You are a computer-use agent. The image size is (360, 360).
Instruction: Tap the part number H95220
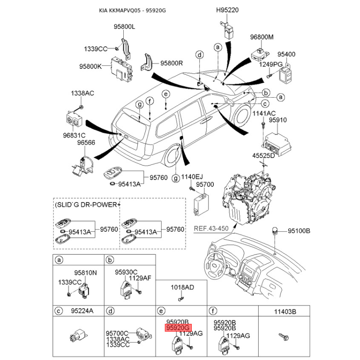tap(227, 9)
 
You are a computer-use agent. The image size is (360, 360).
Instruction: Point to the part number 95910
tap(278, 120)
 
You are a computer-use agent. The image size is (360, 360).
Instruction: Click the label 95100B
tap(299, 231)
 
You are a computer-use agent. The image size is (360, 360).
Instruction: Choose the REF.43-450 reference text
tap(211, 228)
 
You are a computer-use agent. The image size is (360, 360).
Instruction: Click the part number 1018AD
tap(182, 287)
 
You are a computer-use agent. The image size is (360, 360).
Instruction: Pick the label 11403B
tap(285, 310)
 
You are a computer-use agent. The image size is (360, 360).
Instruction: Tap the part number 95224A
tap(81, 310)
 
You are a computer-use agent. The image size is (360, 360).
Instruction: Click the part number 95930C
tap(126, 272)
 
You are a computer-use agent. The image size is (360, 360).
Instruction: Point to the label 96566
tap(86, 143)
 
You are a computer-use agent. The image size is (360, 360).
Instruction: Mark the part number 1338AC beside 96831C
tap(81, 94)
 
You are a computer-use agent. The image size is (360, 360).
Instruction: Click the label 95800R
tap(172, 63)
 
